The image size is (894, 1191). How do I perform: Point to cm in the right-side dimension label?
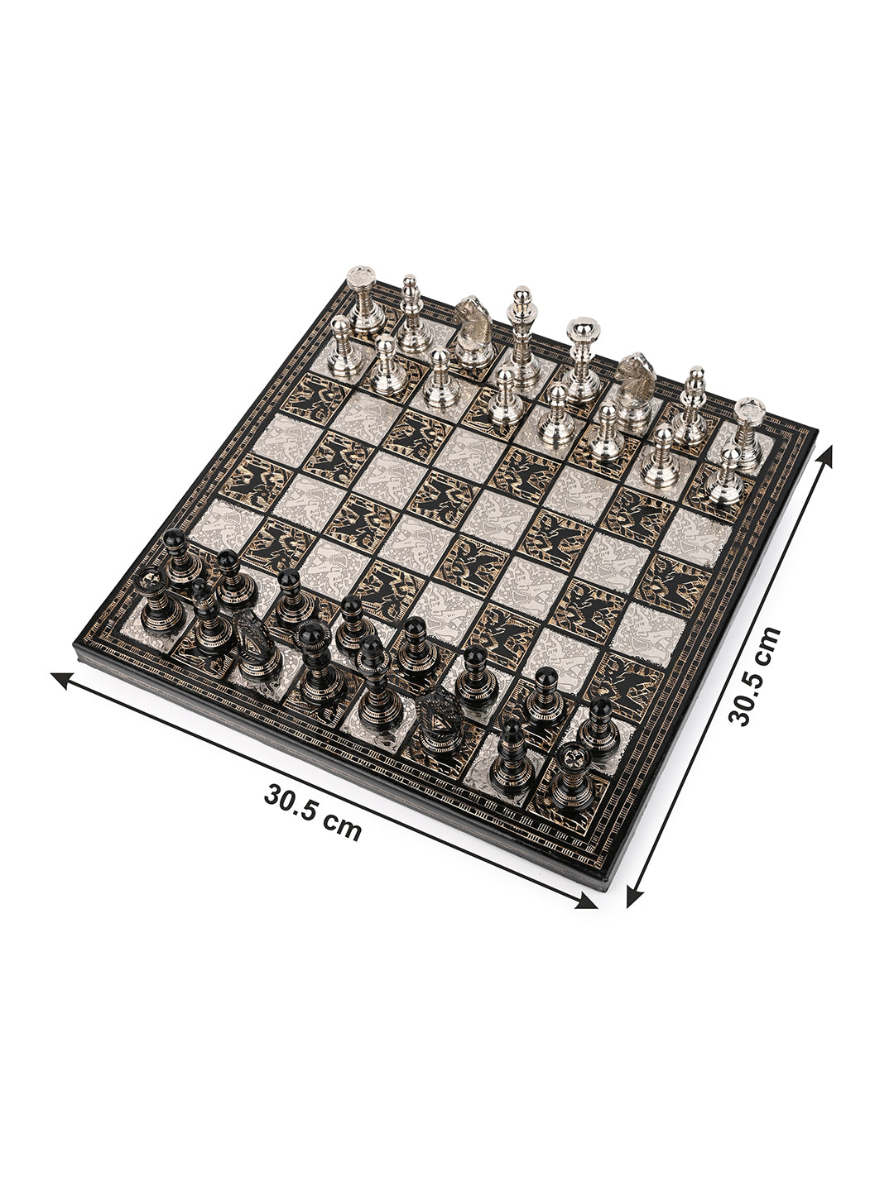coord(766,643)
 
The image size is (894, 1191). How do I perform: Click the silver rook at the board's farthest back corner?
coord(365,300)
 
